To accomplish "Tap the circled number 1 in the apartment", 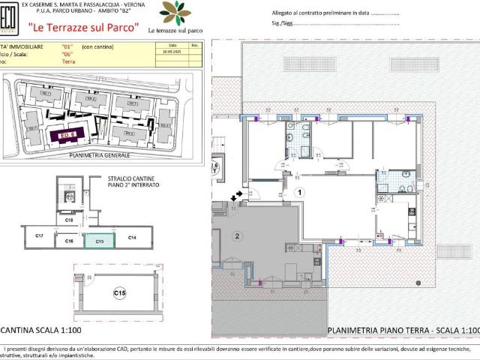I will click(x=299, y=192).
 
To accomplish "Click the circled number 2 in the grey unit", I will click(x=238, y=235).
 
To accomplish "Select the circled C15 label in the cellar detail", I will click(x=119, y=292).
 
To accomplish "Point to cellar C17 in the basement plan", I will click(x=40, y=237).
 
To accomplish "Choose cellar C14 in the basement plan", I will click(x=132, y=238).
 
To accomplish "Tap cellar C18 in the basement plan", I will click(x=68, y=220).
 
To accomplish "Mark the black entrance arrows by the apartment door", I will click(x=238, y=195).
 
